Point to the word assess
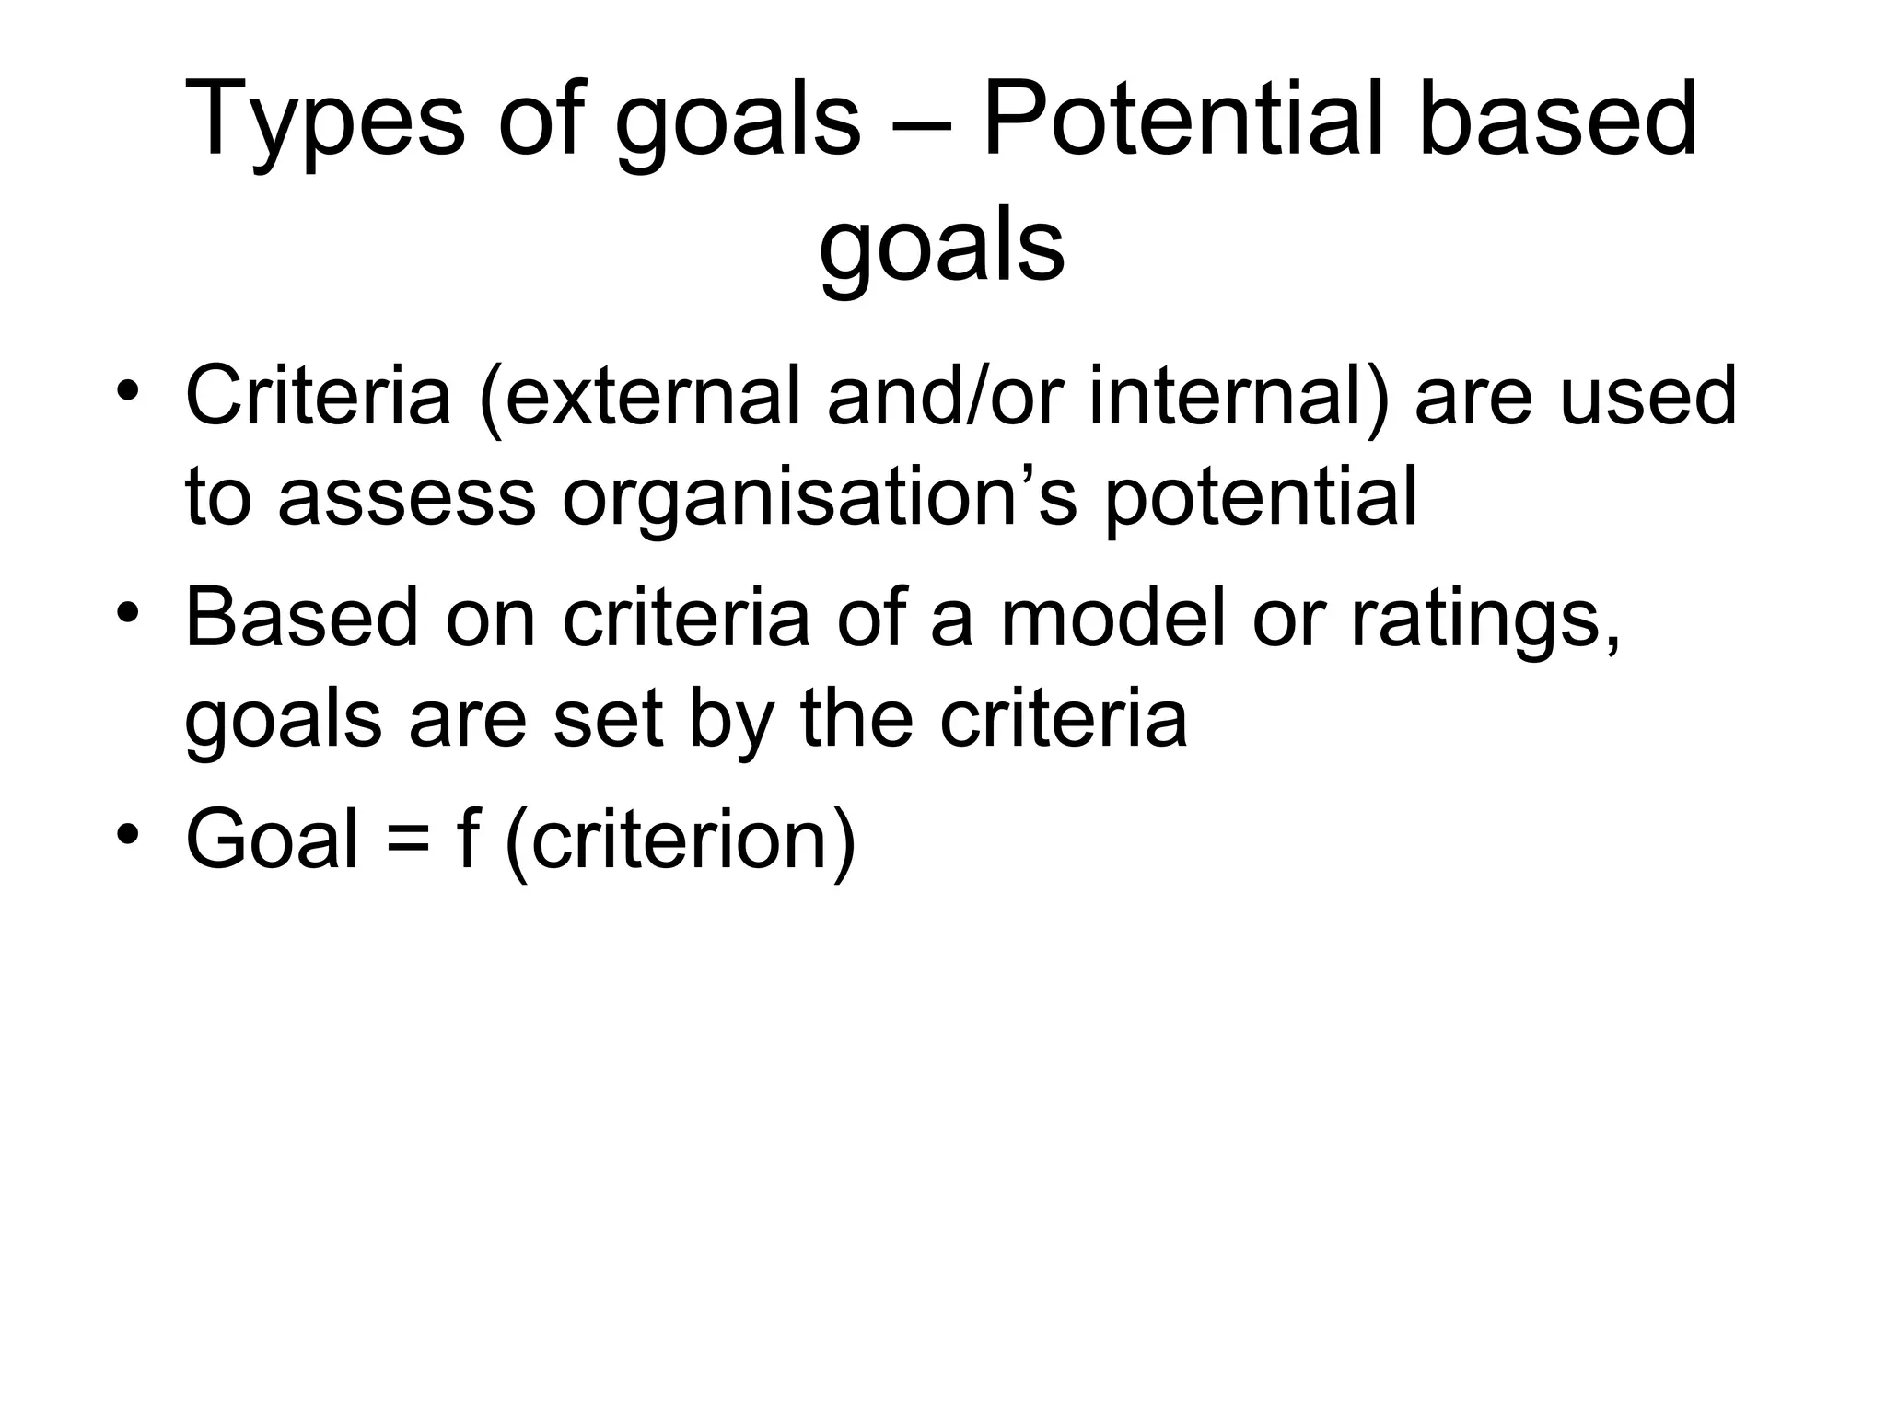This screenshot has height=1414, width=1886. coord(406,498)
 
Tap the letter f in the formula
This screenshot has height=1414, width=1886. coord(466,838)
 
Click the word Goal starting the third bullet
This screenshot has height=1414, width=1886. coord(272,839)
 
